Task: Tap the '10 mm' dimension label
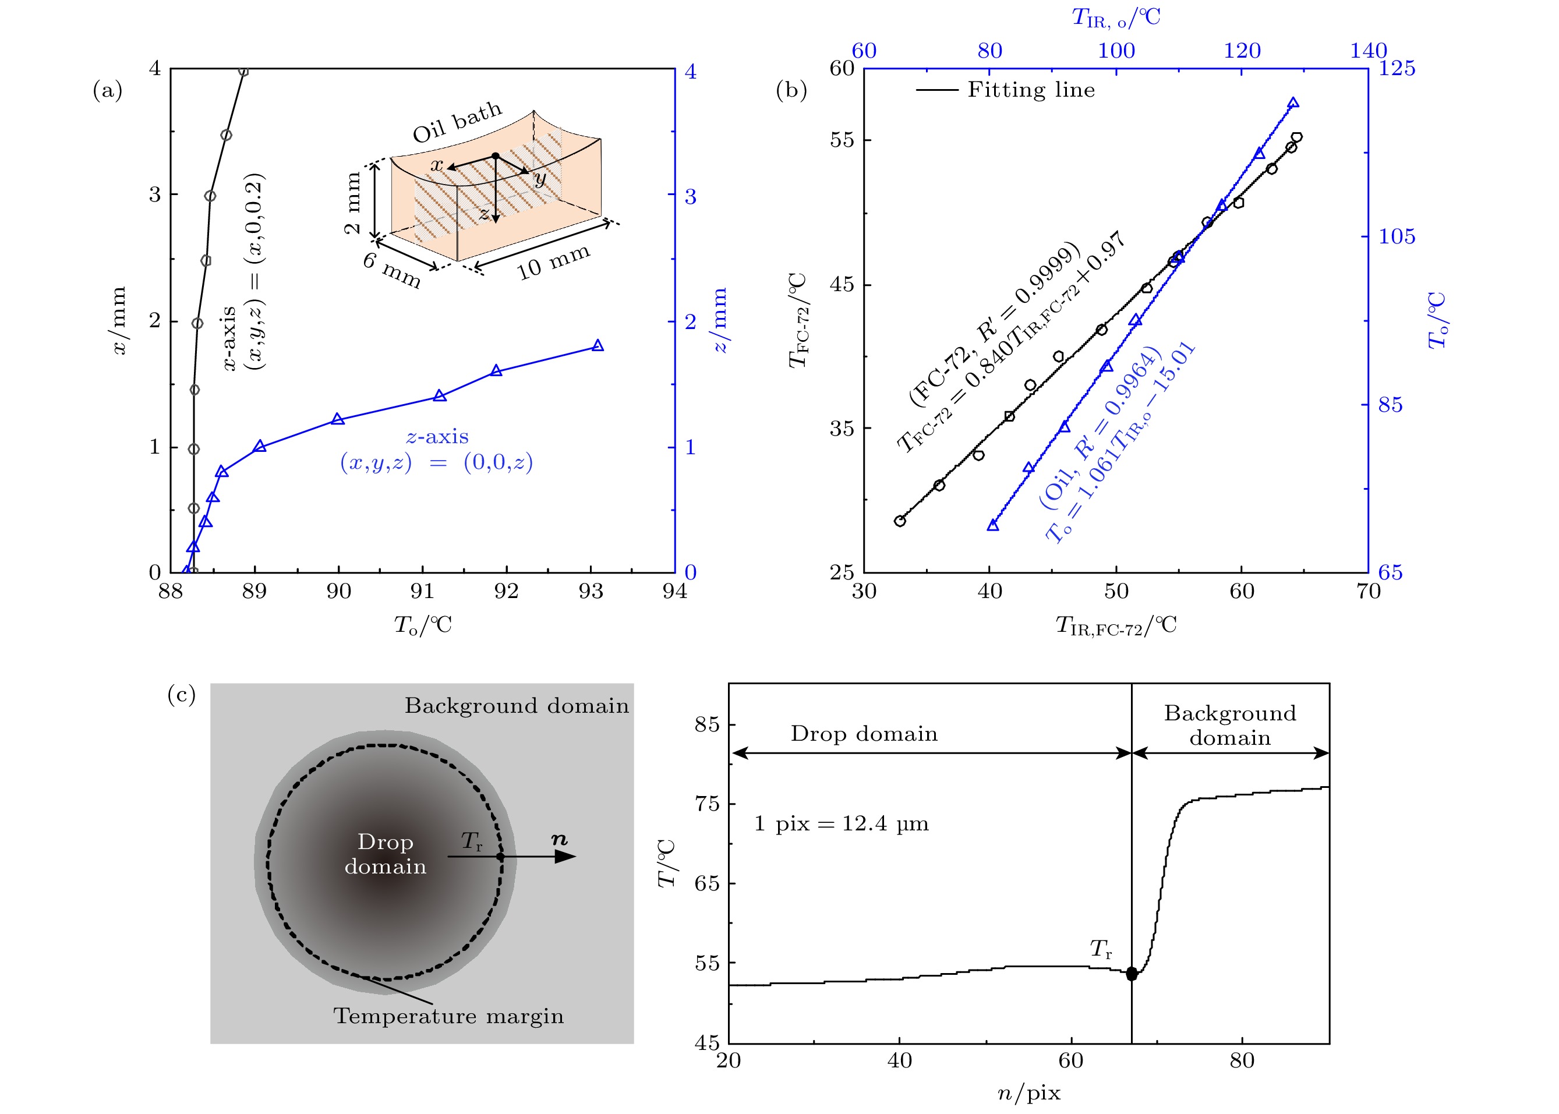coord(553,261)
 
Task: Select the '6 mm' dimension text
coord(391,269)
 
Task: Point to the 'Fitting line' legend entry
coord(1030,90)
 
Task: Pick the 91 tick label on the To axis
coord(422,591)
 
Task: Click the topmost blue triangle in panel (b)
coord(1293,104)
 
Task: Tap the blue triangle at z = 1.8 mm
coord(598,346)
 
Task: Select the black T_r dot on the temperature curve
coord(1131,974)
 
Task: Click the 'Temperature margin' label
coord(448,1016)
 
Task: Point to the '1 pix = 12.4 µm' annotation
coord(841,824)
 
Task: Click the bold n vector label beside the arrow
coord(560,839)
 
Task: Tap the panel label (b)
coord(791,90)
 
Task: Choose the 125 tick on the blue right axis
coord(1397,68)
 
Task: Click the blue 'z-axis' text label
coord(437,437)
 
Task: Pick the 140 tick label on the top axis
coord(1367,51)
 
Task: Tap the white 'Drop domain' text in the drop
coord(385,854)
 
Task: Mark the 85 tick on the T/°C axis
coord(707,724)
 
